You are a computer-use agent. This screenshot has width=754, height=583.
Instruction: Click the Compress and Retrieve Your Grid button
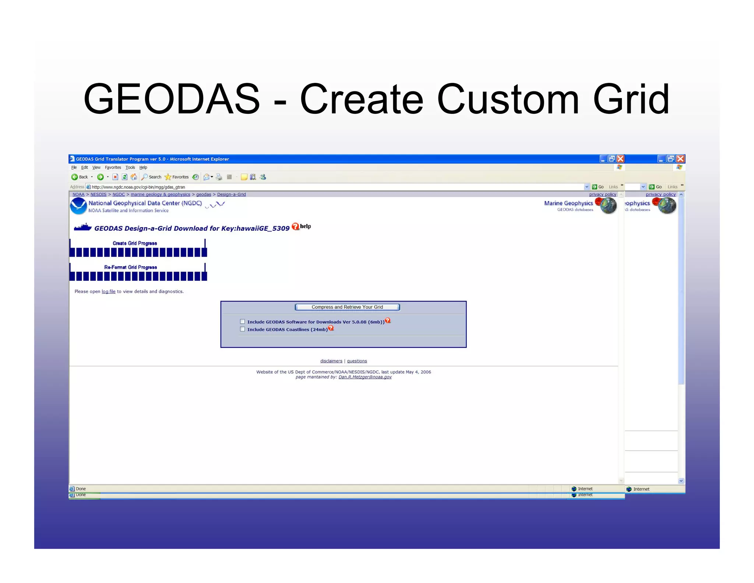pyautogui.click(x=347, y=307)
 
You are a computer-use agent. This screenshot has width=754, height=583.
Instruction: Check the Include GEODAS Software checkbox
pyautogui.click(x=242, y=322)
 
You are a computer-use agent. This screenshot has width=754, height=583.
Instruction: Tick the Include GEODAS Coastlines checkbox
pyautogui.click(x=242, y=329)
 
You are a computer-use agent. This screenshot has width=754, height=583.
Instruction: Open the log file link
pyautogui.click(x=108, y=291)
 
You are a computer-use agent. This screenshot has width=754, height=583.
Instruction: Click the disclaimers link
pyautogui.click(x=331, y=361)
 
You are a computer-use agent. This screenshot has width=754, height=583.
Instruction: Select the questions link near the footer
pyautogui.click(x=357, y=361)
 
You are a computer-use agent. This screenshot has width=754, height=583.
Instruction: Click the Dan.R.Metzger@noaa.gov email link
pyautogui.click(x=365, y=377)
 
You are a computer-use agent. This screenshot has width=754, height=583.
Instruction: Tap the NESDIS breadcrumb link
pyautogui.click(x=98, y=195)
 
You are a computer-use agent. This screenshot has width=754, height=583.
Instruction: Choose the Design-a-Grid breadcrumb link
pyautogui.click(x=231, y=195)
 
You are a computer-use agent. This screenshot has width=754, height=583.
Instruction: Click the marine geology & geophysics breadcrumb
pyautogui.click(x=160, y=195)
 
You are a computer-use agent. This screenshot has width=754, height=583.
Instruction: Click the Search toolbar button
pyautogui.click(x=151, y=177)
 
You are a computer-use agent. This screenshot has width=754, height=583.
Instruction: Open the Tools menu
pyautogui.click(x=130, y=167)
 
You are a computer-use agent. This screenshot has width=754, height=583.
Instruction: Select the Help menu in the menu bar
pyautogui.click(x=143, y=167)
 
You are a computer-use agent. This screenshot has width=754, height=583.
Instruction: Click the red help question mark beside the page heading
pyautogui.click(x=295, y=227)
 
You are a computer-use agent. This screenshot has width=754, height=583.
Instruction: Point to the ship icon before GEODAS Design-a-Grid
pyautogui.click(x=82, y=227)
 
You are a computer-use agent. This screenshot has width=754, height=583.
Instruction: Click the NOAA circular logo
pyautogui.click(x=78, y=206)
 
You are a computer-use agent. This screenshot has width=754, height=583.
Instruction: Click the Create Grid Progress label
pyautogui.click(x=135, y=243)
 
